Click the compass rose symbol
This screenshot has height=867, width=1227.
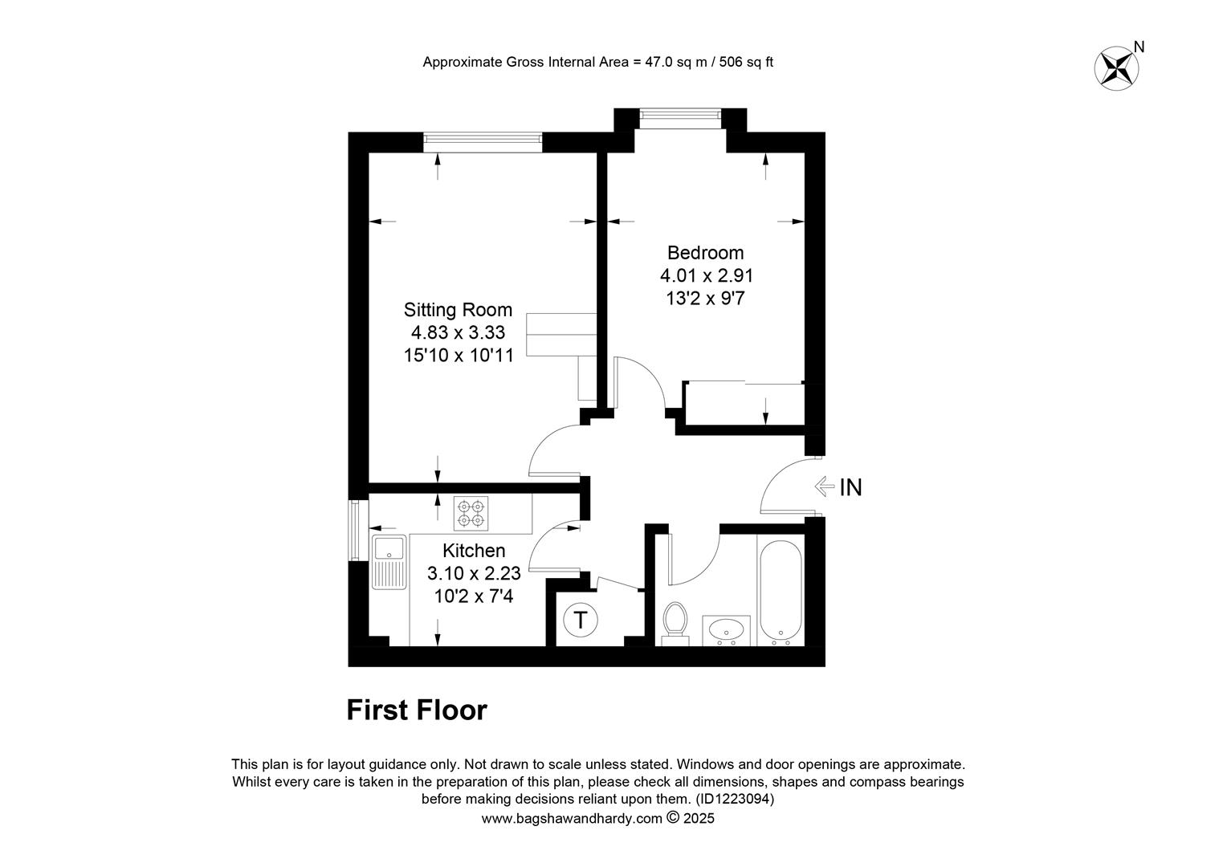[x=1116, y=69]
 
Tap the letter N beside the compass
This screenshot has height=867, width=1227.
[x=1139, y=47]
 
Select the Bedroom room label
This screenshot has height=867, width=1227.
[x=706, y=253]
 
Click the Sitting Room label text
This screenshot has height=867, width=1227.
[x=458, y=310]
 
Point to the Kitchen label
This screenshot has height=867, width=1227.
[x=474, y=551]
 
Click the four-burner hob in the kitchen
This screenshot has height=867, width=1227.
[x=471, y=513]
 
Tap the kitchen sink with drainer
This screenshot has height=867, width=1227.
[x=389, y=562]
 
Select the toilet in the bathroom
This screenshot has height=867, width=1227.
[x=675, y=624]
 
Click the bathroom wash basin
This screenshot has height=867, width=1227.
[x=727, y=630]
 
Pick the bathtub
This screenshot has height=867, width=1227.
[x=781, y=592]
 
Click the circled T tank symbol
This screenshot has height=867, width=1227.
[x=580, y=621]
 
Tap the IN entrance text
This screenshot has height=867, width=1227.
[x=850, y=487]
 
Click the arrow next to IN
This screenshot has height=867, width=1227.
[x=825, y=486]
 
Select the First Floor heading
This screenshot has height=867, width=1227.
[x=417, y=710]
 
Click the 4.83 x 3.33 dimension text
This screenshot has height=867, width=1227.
[x=458, y=332]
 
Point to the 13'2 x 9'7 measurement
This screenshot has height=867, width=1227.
[x=706, y=299]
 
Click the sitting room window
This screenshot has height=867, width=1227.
[x=483, y=142]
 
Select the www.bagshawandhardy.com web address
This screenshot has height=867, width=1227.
[x=572, y=819]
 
